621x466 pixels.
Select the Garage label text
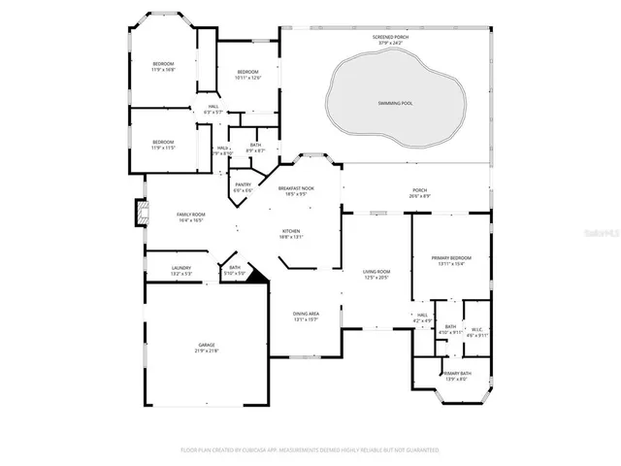tap(208, 348)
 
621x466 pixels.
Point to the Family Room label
tap(191, 216)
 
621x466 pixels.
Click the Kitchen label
tap(291, 233)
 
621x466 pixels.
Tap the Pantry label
tap(243, 186)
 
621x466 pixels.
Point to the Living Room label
tap(376, 275)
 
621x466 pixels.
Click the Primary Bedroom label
tap(452, 260)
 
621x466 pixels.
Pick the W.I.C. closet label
tap(476, 332)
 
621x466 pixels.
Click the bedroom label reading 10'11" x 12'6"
tap(248, 74)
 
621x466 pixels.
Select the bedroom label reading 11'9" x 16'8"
tap(163, 67)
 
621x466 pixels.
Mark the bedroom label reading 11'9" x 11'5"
tap(163, 145)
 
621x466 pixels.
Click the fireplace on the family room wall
tap(142, 213)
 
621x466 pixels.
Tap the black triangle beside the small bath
tap(256, 277)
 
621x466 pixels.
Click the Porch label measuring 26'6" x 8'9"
tap(420, 193)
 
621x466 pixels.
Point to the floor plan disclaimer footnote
tap(310, 450)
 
